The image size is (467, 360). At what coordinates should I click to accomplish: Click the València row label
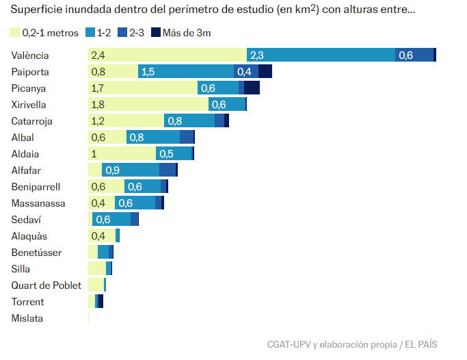tap(31, 55)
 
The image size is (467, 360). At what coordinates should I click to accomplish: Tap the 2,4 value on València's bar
tap(98, 55)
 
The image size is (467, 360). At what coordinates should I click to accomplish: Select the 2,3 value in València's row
tap(258, 55)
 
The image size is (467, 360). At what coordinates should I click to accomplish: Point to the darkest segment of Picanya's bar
tap(252, 88)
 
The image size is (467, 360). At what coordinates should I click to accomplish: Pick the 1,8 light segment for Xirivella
tap(148, 105)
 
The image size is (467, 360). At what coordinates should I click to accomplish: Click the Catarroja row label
tap(32, 121)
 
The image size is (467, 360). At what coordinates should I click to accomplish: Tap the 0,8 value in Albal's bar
tap(136, 138)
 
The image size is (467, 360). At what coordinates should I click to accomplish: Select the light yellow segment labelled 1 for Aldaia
tap(122, 154)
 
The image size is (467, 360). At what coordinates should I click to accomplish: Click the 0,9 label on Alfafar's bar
tap(112, 170)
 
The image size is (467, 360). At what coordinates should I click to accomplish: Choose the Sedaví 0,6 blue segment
tap(111, 220)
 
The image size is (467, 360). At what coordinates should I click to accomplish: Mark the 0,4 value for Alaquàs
tap(98, 236)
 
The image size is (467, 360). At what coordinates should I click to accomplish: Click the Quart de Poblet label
tap(46, 285)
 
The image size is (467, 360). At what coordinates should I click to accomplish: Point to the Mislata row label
tap(27, 318)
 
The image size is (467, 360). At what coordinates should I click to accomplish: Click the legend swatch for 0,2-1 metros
tap(15, 32)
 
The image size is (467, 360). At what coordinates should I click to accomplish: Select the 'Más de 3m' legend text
tap(191, 32)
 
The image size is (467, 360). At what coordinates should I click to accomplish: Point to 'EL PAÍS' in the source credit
tap(422, 344)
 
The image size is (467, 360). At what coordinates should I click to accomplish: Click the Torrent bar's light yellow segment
tap(92, 302)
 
